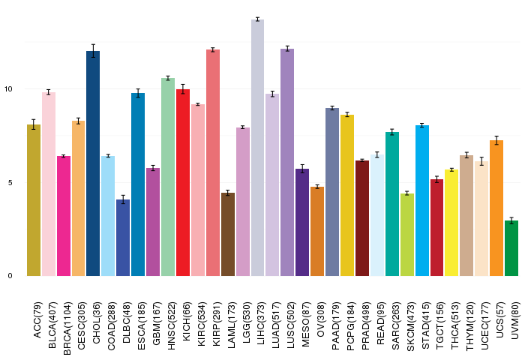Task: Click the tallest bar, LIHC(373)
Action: tap(257, 148)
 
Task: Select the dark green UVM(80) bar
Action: tap(511, 248)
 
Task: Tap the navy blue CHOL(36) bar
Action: tap(93, 163)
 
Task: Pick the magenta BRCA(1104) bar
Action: tap(64, 216)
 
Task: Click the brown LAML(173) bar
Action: tap(228, 235)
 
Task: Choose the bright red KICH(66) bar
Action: tap(183, 183)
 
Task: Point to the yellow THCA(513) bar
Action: tap(451, 223)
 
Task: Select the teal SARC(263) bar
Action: tap(392, 204)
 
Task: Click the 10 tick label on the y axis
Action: tap(8, 89)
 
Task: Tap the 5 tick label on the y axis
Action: tap(10, 182)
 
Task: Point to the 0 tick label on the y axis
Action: tap(10, 276)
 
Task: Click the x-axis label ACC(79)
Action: tap(37, 320)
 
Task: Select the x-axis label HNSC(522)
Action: tap(172, 325)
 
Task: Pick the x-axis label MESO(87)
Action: tap(306, 324)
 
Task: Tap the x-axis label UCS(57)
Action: tap(500, 319)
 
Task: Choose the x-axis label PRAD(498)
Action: tap(366, 325)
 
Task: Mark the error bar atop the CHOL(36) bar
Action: tap(93, 51)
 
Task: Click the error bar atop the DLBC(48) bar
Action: tap(123, 199)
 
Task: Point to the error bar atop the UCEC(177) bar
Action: tap(481, 161)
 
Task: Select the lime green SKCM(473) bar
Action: tap(407, 235)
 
